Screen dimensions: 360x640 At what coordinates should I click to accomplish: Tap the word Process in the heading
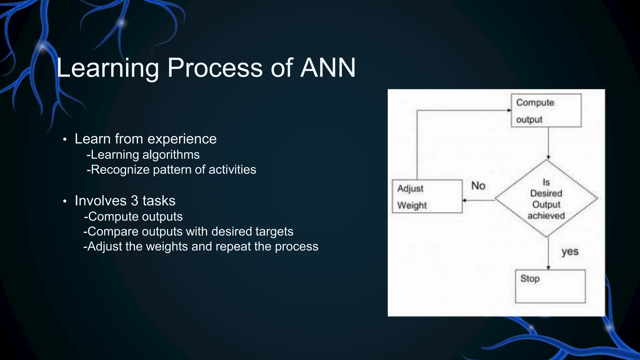[x=215, y=67]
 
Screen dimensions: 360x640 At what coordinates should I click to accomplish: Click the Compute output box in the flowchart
[x=546, y=111]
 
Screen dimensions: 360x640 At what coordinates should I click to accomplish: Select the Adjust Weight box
[x=427, y=197]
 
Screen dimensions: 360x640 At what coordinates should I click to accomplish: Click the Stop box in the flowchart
[x=550, y=286]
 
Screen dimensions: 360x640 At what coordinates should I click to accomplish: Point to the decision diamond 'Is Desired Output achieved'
[x=546, y=199]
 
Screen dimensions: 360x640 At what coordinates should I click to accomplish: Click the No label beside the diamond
[x=478, y=186]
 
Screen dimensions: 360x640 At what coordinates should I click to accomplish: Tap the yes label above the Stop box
[x=570, y=252]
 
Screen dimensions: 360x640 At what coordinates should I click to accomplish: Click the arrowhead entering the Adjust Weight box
[x=464, y=200]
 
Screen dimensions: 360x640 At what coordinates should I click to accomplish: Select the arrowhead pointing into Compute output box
[x=509, y=110]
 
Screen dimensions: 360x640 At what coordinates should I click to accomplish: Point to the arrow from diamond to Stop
[x=548, y=253]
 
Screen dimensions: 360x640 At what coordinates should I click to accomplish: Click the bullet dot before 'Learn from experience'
[x=65, y=139]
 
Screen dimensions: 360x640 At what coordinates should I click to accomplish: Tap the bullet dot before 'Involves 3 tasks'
[x=65, y=201]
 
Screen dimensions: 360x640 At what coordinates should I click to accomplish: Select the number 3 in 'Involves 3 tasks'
[x=134, y=201]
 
